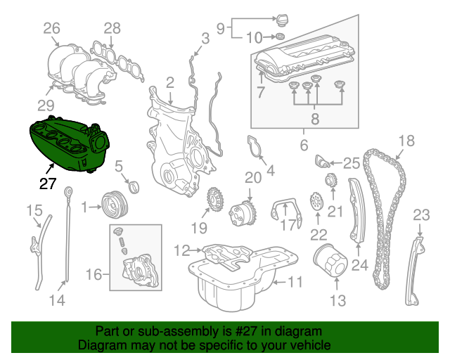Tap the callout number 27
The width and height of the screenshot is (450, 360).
click(46, 184)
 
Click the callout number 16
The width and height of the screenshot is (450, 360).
click(94, 274)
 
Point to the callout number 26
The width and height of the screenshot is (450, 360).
click(52, 29)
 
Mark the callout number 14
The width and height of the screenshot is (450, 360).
click(57, 300)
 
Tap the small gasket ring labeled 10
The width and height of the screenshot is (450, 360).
click(280, 36)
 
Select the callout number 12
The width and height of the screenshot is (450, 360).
click(182, 250)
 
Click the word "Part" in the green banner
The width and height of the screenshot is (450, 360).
click(107, 331)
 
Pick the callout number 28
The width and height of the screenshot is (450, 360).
click(112, 29)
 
